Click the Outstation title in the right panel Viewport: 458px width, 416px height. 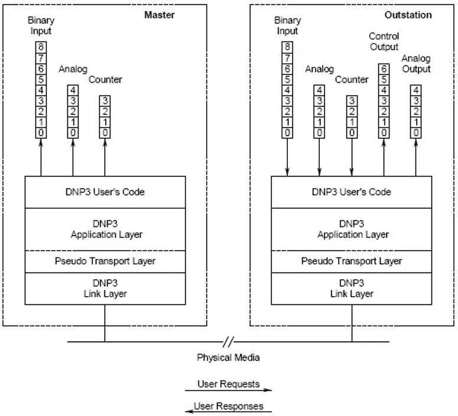(x=408, y=15)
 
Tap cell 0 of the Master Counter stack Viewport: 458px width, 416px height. (x=105, y=132)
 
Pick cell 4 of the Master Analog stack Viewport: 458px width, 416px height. (x=73, y=90)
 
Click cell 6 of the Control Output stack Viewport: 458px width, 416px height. (x=384, y=69)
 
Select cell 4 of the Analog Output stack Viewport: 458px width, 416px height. (x=415, y=90)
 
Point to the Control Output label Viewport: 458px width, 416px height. (x=384, y=41)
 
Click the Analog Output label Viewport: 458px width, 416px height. (x=415, y=64)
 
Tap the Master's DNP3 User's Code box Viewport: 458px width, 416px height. (x=105, y=192)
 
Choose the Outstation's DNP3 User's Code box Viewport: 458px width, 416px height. (x=352, y=192)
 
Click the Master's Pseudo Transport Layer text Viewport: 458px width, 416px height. (x=105, y=260)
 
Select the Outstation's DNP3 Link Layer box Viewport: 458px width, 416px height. (x=352, y=288)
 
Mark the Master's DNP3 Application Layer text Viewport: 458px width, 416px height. (x=105, y=230)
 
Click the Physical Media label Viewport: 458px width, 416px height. (x=228, y=357)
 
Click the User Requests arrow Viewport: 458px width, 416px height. (x=228, y=391)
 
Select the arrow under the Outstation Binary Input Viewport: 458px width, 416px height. (x=287, y=156)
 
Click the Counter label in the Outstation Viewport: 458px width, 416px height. (x=352, y=80)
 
